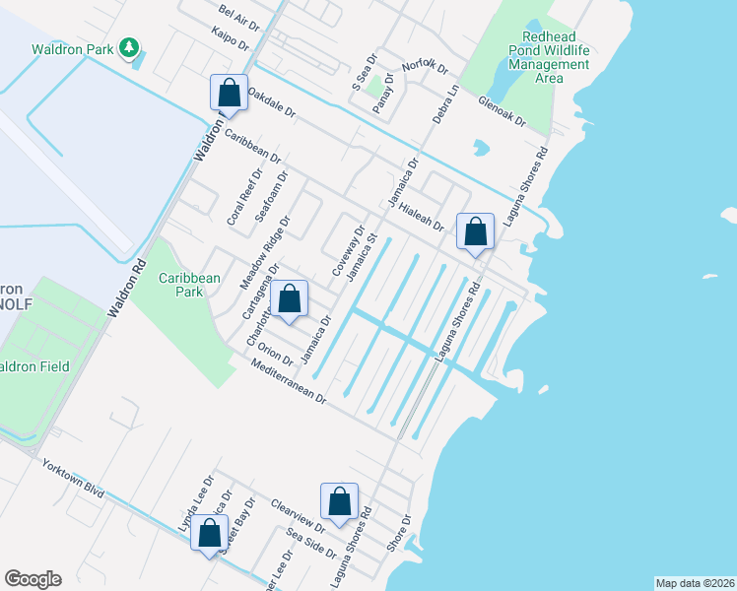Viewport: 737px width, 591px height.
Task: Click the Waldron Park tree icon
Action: (x=128, y=47)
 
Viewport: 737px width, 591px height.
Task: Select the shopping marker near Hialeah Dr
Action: (x=475, y=232)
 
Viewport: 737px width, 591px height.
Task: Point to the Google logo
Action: (x=33, y=579)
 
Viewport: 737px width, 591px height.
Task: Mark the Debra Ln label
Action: (x=446, y=103)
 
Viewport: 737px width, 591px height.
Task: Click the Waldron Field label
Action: (x=35, y=366)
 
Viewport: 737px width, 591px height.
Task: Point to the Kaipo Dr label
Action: (x=231, y=38)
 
